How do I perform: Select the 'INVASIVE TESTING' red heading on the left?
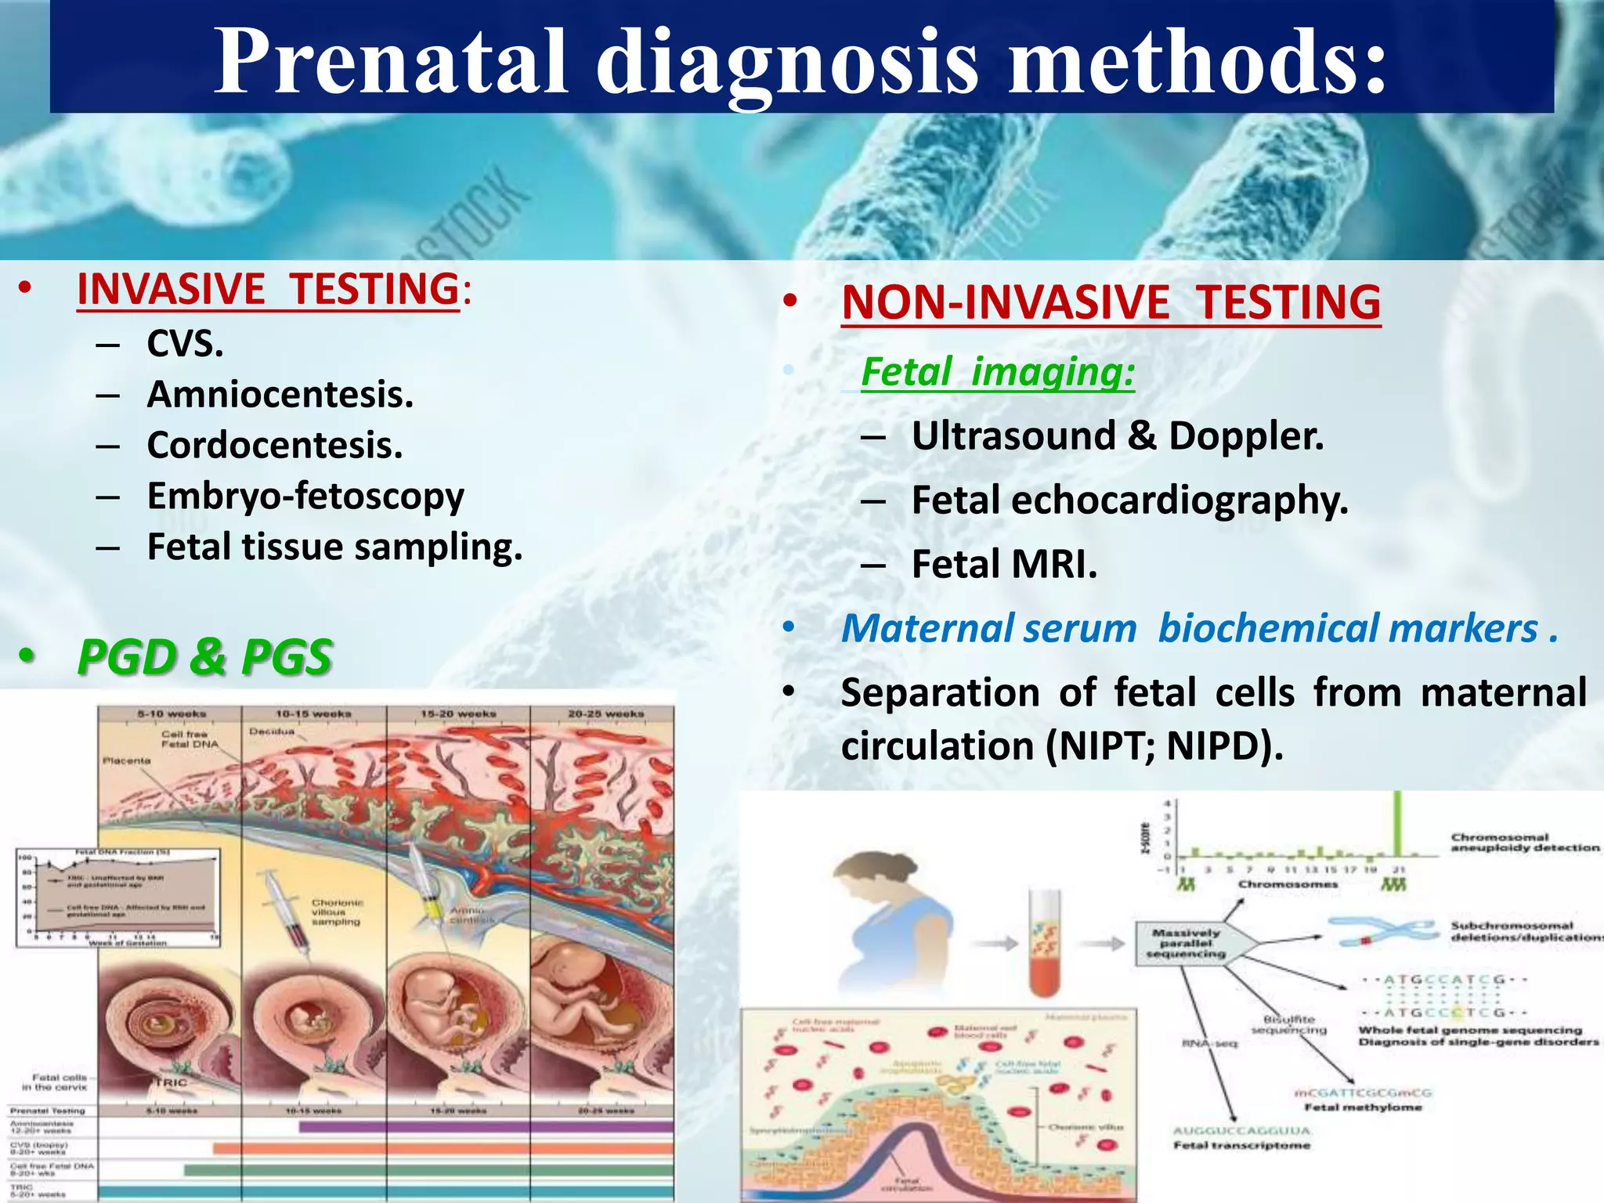pos(268,289)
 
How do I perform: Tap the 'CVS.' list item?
pos(185,343)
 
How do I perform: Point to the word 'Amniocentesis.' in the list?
pos(280,394)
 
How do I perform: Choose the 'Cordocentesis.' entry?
pos(274,445)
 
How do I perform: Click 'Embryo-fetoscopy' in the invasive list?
pos(305,496)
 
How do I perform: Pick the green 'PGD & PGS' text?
pos(205,656)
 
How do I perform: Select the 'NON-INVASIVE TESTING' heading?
pos(1111,302)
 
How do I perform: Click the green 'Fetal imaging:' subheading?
pos(997,371)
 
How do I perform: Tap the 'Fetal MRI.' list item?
pos(1004,564)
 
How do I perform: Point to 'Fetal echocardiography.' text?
pos(1129,500)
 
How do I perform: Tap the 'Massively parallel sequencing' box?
pos(1187,944)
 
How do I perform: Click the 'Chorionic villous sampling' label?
pos(337,912)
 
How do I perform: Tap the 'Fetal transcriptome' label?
pos(1241,1145)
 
